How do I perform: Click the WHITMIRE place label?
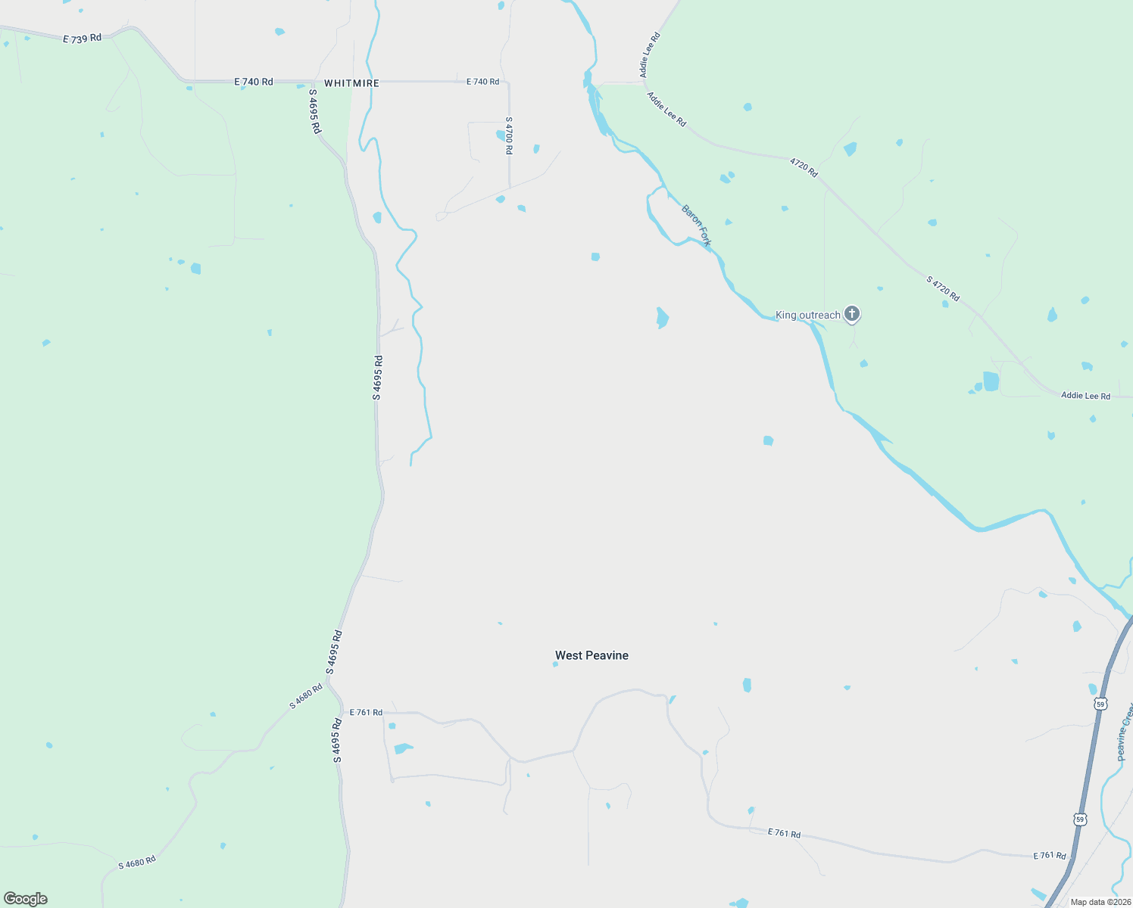(351, 83)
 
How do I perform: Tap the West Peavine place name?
(591, 655)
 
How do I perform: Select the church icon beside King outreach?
(852, 313)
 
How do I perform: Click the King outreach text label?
(807, 315)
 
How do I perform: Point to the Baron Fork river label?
(696, 225)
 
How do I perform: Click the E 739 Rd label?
(82, 38)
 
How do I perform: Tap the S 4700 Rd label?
(509, 135)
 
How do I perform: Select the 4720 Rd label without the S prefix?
(804, 167)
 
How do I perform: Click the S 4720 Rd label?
(943, 289)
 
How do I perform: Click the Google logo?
(26, 899)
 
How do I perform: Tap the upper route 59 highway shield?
(1100, 704)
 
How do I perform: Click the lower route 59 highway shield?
(1079, 819)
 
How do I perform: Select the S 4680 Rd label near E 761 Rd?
(306, 696)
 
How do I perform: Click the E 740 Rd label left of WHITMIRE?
(253, 82)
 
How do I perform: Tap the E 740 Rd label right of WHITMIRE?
(482, 82)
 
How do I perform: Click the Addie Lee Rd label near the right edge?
(1085, 396)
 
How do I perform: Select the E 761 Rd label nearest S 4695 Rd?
(366, 712)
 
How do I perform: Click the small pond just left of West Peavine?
(555, 664)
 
